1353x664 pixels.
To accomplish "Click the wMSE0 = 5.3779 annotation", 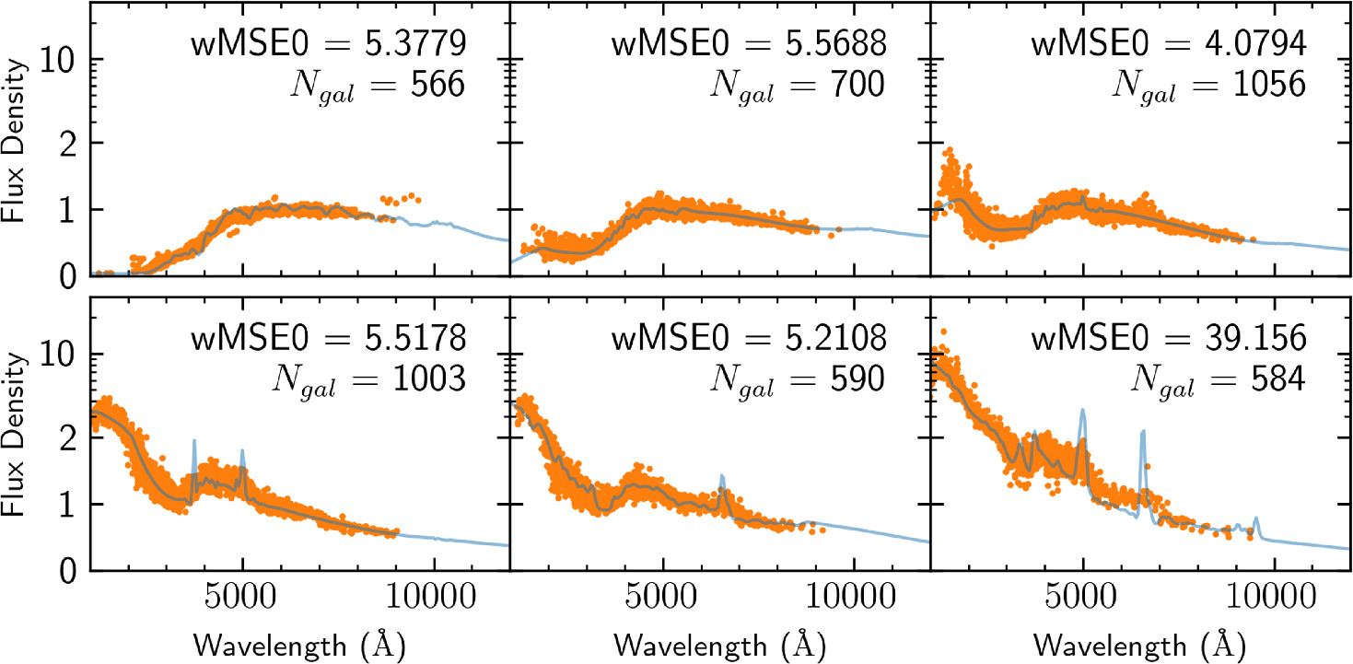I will [x=328, y=43].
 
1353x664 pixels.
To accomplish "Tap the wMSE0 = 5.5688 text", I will [x=748, y=43].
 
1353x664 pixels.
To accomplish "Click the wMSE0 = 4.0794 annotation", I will [x=1168, y=43].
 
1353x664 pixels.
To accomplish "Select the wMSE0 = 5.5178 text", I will [x=328, y=338].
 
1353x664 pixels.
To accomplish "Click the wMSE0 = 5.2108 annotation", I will [x=748, y=338].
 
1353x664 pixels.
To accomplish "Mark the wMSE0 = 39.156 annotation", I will [x=1168, y=338].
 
